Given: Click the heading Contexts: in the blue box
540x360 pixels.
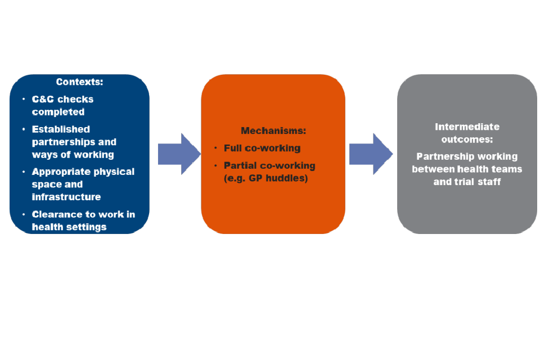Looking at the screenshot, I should [x=79, y=82].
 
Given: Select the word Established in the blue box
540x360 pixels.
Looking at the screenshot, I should [x=61, y=129].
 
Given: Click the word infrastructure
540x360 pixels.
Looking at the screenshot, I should [x=66, y=197].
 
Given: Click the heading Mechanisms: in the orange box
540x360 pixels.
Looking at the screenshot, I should [x=273, y=131].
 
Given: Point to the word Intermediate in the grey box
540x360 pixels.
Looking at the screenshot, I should [x=467, y=127].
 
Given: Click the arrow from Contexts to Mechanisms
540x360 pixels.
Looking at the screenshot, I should [x=178, y=154].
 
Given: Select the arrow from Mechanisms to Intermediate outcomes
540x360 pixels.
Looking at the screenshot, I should [x=370, y=154].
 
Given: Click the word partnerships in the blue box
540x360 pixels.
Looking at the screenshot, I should [x=64, y=142].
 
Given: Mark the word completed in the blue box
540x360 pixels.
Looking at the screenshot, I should [x=58, y=111].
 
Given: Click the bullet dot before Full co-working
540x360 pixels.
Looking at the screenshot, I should [x=215, y=148].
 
